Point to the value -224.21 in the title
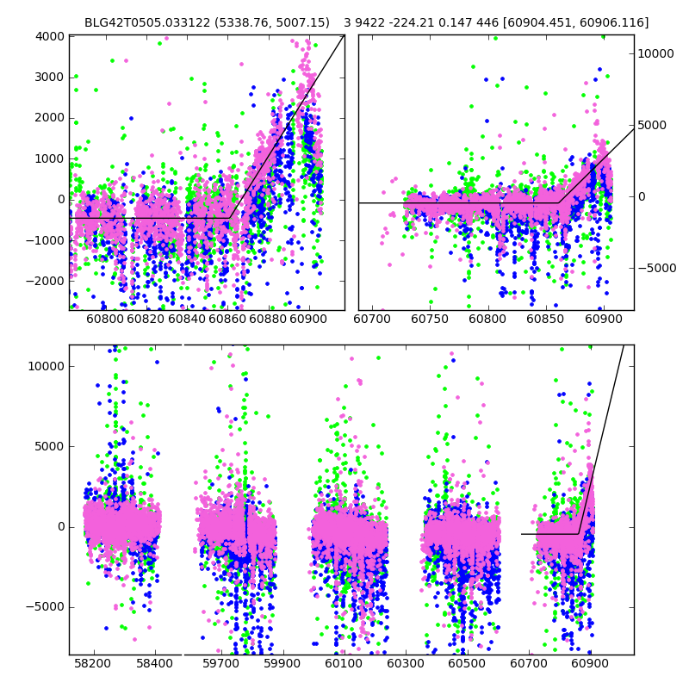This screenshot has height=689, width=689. click(414, 22)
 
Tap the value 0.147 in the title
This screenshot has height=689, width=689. click(458, 22)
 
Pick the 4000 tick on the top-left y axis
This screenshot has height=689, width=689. click(49, 36)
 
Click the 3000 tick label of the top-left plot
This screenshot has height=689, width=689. click(49, 77)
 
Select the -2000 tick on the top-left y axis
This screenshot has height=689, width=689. click(46, 281)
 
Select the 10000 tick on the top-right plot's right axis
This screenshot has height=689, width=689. click(656, 53)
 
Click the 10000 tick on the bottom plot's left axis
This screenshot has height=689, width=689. click(46, 366)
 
